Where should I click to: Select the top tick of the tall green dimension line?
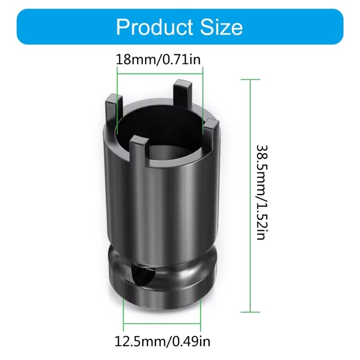point(251,79)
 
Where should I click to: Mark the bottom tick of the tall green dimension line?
point(251,311)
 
